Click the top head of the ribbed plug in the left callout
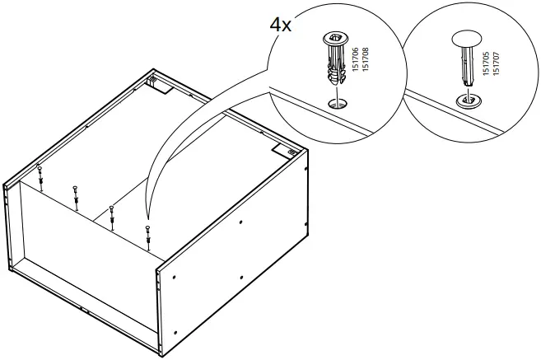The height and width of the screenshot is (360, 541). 334,36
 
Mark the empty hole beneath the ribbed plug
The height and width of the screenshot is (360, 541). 333,105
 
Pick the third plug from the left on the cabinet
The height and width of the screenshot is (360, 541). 111,213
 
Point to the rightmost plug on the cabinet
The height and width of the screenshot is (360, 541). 147,235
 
